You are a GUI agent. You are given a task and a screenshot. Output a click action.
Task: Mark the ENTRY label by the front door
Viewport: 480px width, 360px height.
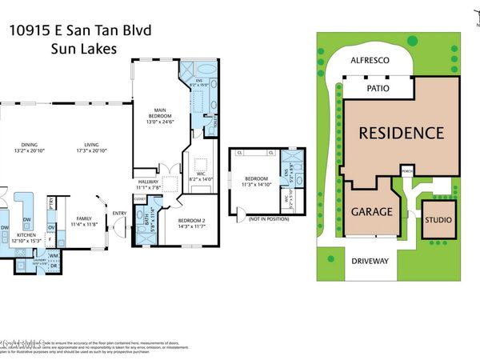pyautogui.click(x=120, y=213)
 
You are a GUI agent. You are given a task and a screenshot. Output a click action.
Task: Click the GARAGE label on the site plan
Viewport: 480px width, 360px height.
pyautogui.click(x=371, y=212)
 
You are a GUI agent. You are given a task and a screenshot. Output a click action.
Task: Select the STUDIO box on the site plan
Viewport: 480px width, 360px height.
pyautogui.click(x=438, y=220)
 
